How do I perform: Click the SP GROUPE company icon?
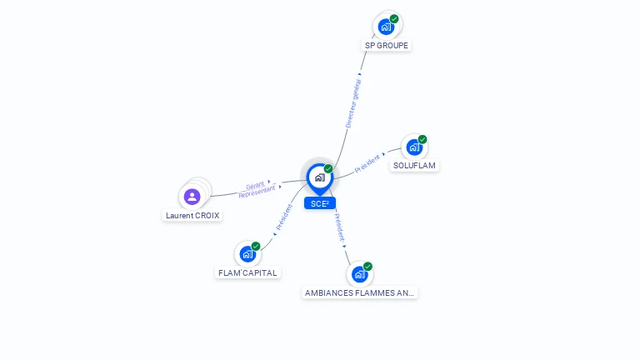click(386, 26)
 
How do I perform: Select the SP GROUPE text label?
click(387, 46)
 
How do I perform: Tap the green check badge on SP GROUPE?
click(394, 18)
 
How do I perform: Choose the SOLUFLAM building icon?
click(413, 147)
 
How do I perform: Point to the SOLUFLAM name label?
click(415, 166)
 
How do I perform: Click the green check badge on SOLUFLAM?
click(422, 139)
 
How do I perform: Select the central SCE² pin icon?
click(319, 177)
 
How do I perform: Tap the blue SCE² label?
click(320, 203)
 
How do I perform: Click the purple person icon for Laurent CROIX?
click(192, 197)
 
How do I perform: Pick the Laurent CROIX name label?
click(192, 216)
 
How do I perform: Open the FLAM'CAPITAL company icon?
click(247, 254)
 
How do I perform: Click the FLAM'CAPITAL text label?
click(247, 272)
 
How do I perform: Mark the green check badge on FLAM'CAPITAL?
click(256, 246)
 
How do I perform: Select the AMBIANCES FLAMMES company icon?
click(359, 274)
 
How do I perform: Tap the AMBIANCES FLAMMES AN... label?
click(359, 292)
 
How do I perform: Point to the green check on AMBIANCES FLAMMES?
click(367, 267)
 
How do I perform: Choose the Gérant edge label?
click(255, 185)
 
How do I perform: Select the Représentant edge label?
click(257, 192)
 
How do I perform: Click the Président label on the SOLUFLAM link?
click(367, 163)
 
